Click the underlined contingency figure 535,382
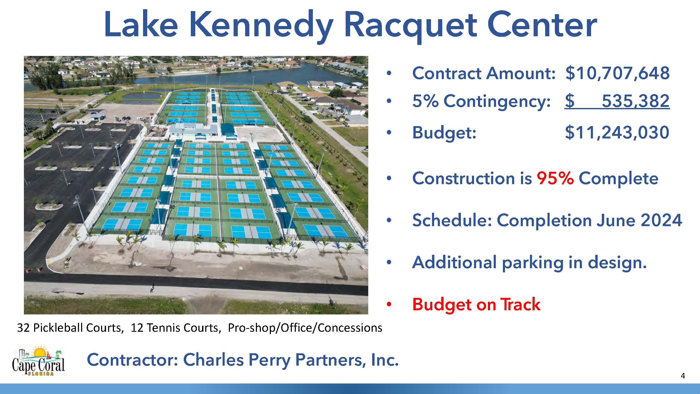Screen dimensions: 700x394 tap(636, 101)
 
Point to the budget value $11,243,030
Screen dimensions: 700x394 tap(617, 132)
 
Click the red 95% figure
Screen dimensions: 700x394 tap(555, 178)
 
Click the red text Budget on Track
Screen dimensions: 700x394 tap(476, 304)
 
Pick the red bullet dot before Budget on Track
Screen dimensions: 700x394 tap(389, 304)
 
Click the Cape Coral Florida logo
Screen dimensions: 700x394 tap(38, 361)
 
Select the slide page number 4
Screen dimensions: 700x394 tap(683, 376)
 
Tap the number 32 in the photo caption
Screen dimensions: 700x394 tap(23, 328)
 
